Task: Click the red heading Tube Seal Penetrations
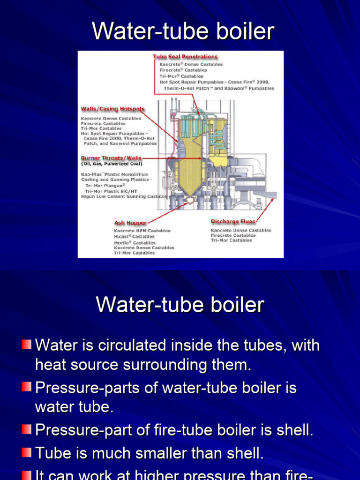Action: click(x=185, y=57)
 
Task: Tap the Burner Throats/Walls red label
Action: click(x=111, y=158)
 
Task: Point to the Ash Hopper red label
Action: click(x=130, y=223)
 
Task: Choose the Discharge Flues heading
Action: click(x=233, y=221)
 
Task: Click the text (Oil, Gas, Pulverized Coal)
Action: click(x=112, y=164)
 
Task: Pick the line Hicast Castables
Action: click(x=134, y=237)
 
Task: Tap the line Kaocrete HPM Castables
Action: click(x=142, y=231)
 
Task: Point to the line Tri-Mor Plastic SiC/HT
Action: click(x=111, y=191)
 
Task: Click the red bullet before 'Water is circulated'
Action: click(x=27, y=345)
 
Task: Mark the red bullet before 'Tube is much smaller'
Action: click(x=27, y=453)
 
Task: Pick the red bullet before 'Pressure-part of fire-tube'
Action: click(x=27, y=429)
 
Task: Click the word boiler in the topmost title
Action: click(x=244, y=31)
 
